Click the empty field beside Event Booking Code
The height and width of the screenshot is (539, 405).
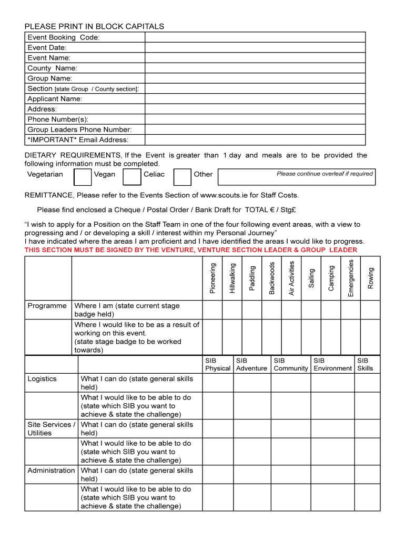pyautogui.click(x=255, y=37)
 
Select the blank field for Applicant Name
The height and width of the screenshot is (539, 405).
pyautogui.click(x=255, y=99)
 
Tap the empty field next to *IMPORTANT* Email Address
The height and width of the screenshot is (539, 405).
pyautogui.click(x=255, y=140)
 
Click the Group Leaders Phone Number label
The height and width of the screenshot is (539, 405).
pyautogui.click(x=79, y=129)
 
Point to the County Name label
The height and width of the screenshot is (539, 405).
pyautogui.click(x=52, y=68)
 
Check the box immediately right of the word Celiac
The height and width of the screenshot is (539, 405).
pyautogui.click(x=182, y=177)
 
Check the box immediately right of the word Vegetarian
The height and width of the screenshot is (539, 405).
pyautogui.click(x=83, y=177)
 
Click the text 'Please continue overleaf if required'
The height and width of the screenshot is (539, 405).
pyautogui.click(x=325, y=174)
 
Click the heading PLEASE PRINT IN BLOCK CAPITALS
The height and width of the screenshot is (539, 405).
pyautogui.click(x=95, y=26)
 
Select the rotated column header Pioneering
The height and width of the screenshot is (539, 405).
pyautogui.click(x=212, y=278)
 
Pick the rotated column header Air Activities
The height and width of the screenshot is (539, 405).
pyautogui.click(x=291, y=278)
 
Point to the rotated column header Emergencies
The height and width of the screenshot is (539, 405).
pyautogui.click(x=351, y=277)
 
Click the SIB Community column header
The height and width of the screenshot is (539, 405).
pyautogui.click(x=290, y=364)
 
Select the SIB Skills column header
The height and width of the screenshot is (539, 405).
pyautogui.click(x=364, y=364)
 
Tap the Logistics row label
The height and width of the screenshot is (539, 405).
pyautogui.click(x=42, y=378)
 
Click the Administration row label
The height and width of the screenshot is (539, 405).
pyautogui.click(x=51, y=471)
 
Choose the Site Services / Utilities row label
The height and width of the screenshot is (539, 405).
pyautogui.click(x=51, y=428)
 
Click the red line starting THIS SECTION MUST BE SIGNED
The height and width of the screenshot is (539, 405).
pyautogui.click(x=191, y=250)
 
